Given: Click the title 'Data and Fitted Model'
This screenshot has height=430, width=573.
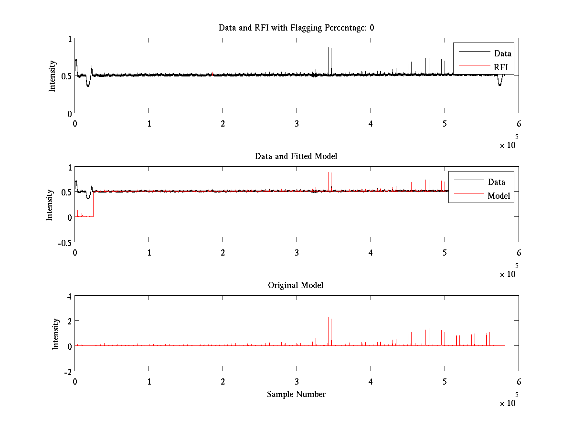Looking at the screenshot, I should (x=296, y=156).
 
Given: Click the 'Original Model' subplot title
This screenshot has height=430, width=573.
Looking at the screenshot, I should (x=296, y=285).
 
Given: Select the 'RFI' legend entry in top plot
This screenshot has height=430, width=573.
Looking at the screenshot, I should (x=501, y=67).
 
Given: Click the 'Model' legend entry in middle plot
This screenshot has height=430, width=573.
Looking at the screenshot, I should (x=499, y=195).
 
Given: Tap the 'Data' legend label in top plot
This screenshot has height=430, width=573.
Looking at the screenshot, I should (x=502, y=53).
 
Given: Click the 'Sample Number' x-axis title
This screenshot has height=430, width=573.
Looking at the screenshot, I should (x=296, y=394).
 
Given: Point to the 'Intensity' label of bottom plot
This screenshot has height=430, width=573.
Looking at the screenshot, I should (x=56, y=333).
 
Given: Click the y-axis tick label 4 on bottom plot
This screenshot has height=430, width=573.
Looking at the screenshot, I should (x=69, y=296).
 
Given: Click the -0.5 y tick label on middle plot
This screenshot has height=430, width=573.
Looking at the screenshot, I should (x=64, y=242).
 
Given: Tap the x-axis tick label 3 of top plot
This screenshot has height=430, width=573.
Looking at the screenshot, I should (x=297, y=123).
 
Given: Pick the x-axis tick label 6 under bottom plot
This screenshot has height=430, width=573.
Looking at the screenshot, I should (x=519, y=381).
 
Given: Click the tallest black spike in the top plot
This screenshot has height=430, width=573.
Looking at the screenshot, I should (x=328, y=48).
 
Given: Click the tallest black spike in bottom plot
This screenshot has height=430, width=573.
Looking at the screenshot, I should (x=328, y=318).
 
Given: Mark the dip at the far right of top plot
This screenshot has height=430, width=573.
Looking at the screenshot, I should (x=499, y=84).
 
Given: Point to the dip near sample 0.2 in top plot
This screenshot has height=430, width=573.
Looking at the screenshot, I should (x=88, y=85).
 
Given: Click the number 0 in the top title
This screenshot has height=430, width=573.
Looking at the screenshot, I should (x=371, y=28).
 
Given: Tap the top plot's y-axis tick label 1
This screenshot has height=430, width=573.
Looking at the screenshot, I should (x=70, y=39).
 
